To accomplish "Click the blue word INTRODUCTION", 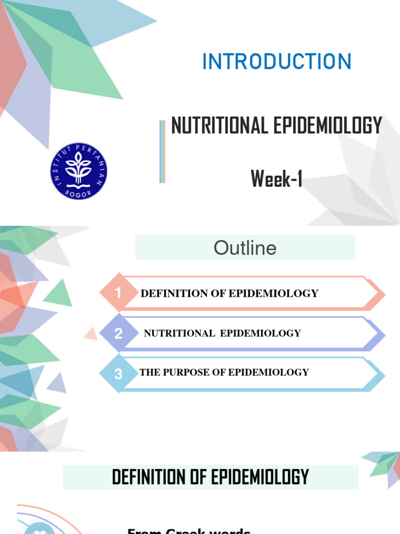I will point(277,62).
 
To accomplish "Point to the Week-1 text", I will point(277,179).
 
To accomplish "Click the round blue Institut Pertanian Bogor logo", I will point(79,172).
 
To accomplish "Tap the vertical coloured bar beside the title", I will point(162,152).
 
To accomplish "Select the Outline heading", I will point(245,248).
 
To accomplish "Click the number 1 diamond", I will point(118,293).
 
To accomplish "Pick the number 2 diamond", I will point(118,333).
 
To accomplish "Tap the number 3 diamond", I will point(118,373).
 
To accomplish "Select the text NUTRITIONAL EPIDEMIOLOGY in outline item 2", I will point(222,333).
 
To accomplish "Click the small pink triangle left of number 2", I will point(92,334).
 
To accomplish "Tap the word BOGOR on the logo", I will point(79,193).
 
